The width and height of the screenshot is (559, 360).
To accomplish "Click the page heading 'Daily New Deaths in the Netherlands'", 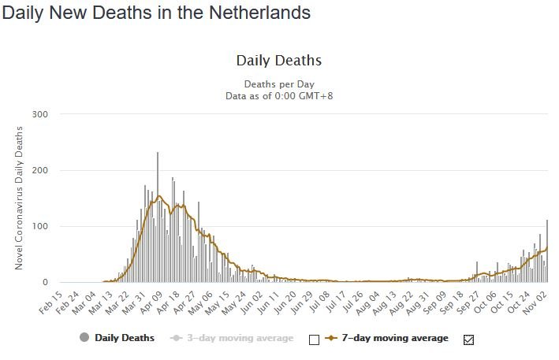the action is tap(156, 13).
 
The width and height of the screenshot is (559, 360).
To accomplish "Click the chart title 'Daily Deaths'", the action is tap(279, 61).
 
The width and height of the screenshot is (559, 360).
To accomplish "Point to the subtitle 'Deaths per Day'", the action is tap(279, 84).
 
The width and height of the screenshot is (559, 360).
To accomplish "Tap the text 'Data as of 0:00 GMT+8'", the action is tap(279, 96).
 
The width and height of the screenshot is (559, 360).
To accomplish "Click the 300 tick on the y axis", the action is tap(40, 114).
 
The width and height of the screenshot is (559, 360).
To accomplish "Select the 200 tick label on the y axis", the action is tap(40, 170).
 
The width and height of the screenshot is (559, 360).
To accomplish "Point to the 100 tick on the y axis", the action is tap(40, 226).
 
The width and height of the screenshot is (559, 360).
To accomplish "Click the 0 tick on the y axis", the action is tap(45, 282).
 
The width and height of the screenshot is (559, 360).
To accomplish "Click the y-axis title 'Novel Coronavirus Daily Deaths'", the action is tap(19, 198).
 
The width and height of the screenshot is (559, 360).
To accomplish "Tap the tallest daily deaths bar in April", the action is tap(158, 217).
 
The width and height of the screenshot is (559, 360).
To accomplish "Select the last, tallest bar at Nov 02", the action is tap(547, 251).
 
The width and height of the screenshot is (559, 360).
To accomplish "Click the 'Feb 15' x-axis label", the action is tap(50, 302).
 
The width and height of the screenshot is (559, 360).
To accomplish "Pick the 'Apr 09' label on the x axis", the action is tap(151, 302).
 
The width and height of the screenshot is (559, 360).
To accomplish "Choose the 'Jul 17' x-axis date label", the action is tap(336, 302).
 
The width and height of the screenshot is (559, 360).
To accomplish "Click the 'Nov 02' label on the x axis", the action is tap(535, 302).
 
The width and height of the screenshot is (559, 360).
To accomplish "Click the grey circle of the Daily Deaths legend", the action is tap(84, 337).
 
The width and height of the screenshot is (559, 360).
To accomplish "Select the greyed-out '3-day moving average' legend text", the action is tap(240, 338).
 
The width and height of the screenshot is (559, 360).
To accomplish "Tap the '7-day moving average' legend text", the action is tap(395, 338).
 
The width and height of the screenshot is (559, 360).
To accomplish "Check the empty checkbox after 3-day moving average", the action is tap(314, 340).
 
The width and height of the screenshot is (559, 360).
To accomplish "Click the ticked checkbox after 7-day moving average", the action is tap(469, 340).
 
